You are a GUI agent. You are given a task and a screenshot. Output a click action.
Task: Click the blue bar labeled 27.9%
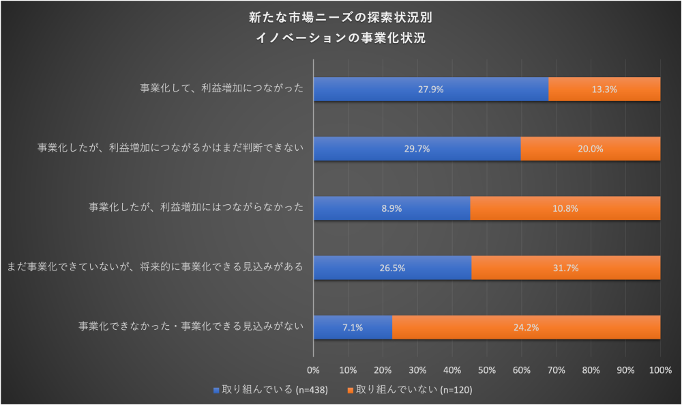click(x=431, y=89)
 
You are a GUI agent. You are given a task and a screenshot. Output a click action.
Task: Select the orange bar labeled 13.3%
click(x=604, y=89)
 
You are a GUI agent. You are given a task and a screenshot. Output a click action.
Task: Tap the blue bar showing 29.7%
click(x=417, y=149)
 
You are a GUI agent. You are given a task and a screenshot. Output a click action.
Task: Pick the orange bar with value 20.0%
click(x=591, y=149)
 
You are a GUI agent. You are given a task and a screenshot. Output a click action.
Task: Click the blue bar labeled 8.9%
click(x=391, y=208)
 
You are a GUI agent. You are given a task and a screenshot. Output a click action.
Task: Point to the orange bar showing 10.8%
click(x=565, y=208)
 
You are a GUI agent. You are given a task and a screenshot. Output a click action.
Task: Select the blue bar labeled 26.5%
click(x=392, y=268)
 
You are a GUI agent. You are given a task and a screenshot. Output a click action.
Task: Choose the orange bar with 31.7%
click(x=566, y=268)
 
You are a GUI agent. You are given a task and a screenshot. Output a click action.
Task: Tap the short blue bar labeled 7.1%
click(x=353, y=327)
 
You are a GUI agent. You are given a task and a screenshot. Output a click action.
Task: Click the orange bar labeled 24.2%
click(x=526, y=327)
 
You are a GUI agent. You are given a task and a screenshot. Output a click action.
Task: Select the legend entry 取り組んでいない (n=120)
click(x=410, y=390)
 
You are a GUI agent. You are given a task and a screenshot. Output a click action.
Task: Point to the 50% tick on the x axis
click(x=487, y=370)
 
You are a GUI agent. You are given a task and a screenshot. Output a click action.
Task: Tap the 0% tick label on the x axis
click(x=314, y=370)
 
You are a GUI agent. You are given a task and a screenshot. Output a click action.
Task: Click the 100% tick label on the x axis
click(x=660, y=370)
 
